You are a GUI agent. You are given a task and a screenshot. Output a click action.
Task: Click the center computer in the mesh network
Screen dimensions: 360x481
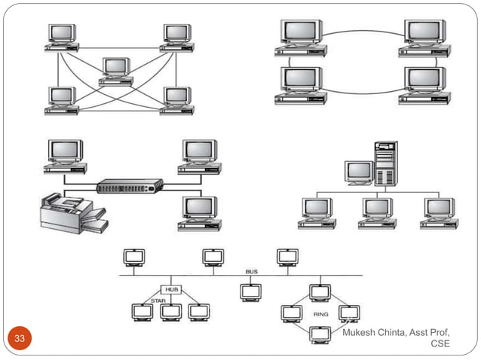click(115, 71)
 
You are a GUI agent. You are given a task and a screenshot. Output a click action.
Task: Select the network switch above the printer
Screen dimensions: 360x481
click(130, 185)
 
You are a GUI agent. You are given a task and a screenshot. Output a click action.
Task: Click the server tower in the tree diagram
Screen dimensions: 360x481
click(384, 163)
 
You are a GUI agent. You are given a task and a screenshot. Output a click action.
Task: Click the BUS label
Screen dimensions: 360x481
click(251, 271)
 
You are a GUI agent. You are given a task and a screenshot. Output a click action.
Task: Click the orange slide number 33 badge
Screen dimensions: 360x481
click(20, 338)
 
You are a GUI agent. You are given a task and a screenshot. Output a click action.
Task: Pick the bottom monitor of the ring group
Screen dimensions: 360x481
click(319, 334)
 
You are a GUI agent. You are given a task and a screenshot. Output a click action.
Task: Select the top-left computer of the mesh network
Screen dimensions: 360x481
click(61, 37)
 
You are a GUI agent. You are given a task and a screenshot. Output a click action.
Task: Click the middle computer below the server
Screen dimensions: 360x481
click(376, 212)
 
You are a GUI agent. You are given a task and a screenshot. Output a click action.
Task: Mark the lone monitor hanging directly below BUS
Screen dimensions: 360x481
click(250, 291)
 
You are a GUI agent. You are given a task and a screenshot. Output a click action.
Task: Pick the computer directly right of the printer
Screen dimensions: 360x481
click(198, 212)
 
